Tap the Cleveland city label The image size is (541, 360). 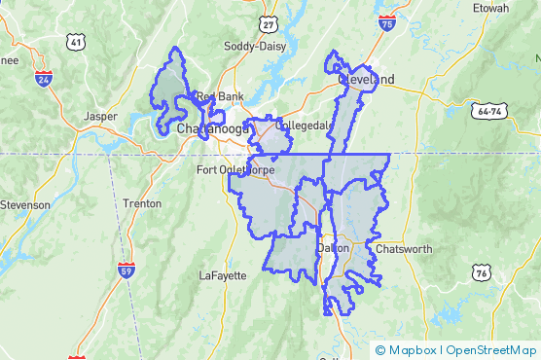pyautogui.click(x=366, y=79)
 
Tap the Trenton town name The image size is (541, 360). pyautogui.click(x=142, y=203)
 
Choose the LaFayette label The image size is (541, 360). pyautogui.click(x=223, y=275)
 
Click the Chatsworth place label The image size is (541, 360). pyautogui.click(x=404, y=249)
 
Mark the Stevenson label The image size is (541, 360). pyautogui.click(x=25, y=204)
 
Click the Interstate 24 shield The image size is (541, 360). pyautogui.click(x=43, y=79)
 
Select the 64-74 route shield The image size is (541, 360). pyautogui.click(x=489, y=112)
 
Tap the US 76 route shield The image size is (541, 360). pyautogui.click(x=481, y=273)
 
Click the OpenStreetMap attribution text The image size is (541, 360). pyautogui.click(x=492, y=350)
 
